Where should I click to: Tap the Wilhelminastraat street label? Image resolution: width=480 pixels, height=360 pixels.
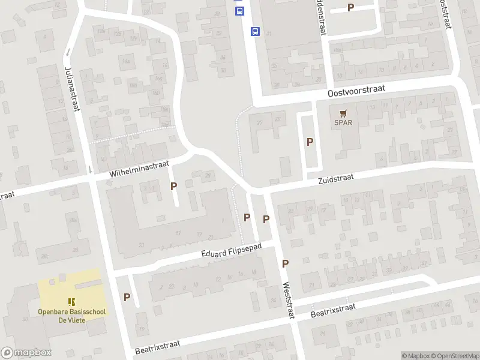pos(140,168)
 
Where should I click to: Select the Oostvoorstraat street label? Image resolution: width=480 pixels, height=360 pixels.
pos(356,91)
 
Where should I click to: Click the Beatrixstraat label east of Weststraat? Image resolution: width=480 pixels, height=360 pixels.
pos(332,310)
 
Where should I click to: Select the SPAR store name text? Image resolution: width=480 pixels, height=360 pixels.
pos(343,123)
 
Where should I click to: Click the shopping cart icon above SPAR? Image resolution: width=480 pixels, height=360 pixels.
pos(343,113)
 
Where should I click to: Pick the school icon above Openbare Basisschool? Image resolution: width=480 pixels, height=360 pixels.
pos(71,301)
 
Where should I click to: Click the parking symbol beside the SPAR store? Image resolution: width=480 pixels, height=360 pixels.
pos(310,142)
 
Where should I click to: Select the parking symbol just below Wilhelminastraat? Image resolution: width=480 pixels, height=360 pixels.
pos(174,187)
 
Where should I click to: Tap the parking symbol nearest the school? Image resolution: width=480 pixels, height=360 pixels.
pos(127,297)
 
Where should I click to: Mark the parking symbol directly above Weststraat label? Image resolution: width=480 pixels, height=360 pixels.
pos(286,263)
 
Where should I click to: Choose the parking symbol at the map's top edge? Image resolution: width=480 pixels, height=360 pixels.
pos(351,8)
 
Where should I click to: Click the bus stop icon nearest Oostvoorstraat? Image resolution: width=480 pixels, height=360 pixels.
pos(255,32)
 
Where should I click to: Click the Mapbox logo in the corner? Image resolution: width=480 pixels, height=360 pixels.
pos(26,353)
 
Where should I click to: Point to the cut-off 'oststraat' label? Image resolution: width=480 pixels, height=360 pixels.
pos(445,13)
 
